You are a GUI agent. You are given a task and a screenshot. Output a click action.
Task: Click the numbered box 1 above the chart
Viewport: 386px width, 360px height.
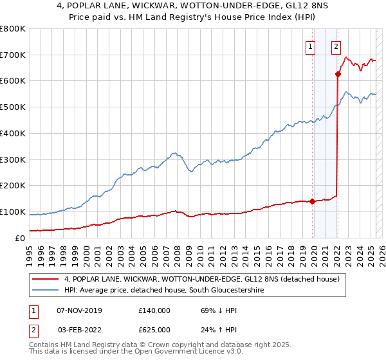tap(311, 46)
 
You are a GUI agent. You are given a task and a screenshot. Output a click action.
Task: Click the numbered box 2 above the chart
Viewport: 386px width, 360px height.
tap(336, 46)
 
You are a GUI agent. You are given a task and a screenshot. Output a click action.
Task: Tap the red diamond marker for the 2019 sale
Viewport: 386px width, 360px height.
tap(313, 201)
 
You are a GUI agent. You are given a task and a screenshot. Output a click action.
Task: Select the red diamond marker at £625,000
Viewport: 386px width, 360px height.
tap(338, 74)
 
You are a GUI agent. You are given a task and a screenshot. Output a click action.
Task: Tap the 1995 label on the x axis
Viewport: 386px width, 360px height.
tap(29, 250)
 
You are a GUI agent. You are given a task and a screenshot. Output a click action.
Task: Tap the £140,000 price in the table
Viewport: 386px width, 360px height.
tap(154, 310)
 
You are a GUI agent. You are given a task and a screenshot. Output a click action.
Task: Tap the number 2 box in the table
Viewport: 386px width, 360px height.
tap(32, 329)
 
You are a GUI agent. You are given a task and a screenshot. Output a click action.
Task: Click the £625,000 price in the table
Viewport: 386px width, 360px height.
tap(154, 329)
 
